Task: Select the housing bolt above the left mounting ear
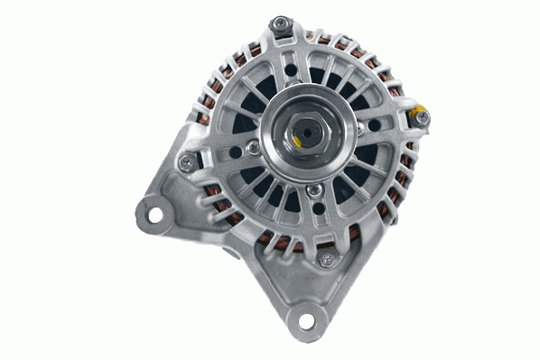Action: point(186,162)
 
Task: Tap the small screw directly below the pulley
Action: point(312,191)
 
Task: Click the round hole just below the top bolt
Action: point(288,64)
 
